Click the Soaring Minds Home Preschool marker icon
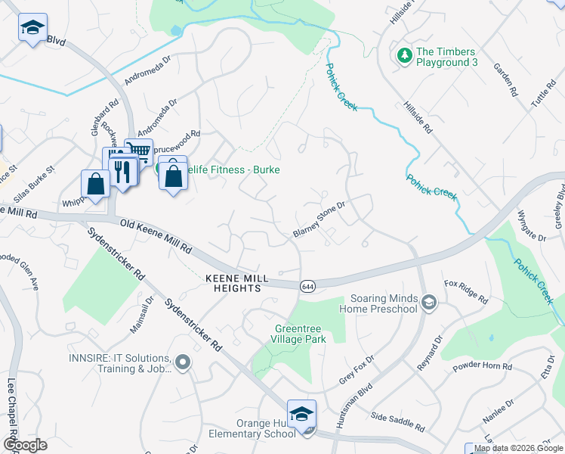coord(429,303)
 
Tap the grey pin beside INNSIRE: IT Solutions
coord(182,364)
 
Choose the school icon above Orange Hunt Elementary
coord(301,415)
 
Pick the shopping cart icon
coord(138,151)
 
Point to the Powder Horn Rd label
coord(483,365)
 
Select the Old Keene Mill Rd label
coord(157,236)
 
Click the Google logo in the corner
coord(24,445)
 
